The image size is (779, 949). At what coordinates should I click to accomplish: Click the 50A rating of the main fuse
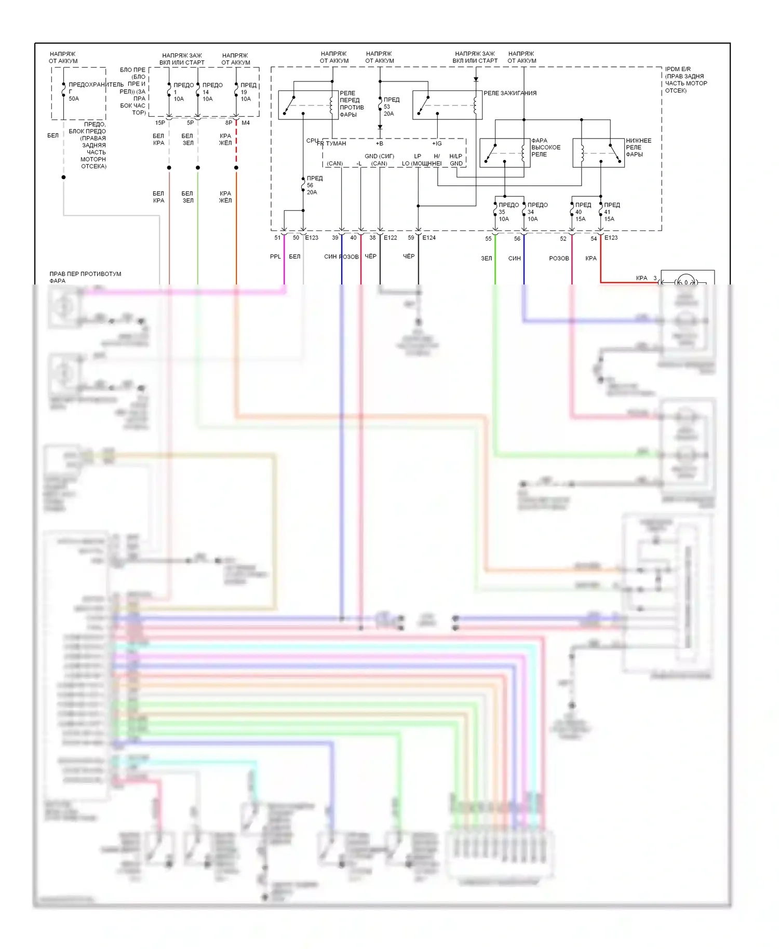74,99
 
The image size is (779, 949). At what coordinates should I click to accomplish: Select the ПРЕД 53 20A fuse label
391,106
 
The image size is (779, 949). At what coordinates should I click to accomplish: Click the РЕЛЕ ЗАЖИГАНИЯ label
510,93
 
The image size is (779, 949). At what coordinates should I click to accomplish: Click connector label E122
390,238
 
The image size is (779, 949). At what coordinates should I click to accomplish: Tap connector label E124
429,238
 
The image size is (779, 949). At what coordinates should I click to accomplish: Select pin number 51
277,238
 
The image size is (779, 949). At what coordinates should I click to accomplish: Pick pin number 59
411,238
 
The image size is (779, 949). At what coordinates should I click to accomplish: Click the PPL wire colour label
275,256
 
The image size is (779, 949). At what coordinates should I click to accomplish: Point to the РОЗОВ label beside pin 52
559,259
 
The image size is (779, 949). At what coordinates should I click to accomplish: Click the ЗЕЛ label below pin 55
486,259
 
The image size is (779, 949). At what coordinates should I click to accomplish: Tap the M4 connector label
246,123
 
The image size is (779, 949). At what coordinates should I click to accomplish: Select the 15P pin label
160,123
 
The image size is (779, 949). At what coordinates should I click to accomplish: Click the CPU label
312,141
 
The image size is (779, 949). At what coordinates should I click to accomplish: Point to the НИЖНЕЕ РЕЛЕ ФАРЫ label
638,147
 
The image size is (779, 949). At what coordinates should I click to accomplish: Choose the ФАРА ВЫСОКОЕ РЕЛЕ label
545,147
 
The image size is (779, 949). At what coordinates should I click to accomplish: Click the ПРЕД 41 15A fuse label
611,212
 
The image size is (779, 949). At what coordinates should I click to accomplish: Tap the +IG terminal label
437,144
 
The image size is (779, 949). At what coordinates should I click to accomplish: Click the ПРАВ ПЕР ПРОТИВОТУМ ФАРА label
85,277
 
